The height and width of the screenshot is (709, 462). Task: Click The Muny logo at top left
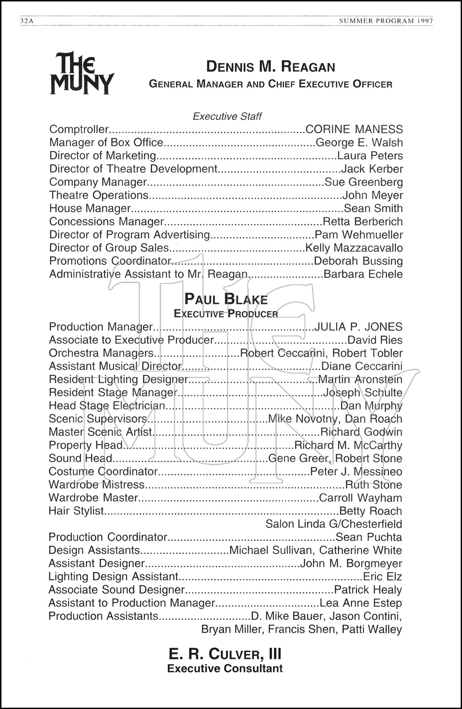pyautogui.click(x=82, y=73)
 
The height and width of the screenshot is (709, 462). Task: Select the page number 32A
pyautogui.click(x=26, y=21)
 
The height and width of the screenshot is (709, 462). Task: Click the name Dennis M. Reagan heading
pyautogui.click(x=270, y=67)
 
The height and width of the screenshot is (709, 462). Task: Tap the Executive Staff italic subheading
pyautogui.click(x=227, y=116)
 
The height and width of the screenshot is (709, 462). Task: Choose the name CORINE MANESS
pyautogui.click(x=354, y=130)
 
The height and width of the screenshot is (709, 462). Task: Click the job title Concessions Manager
pyautogui.click(x=106, y=222)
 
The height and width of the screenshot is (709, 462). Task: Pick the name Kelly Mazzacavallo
pyautogui.click(x=354, y=248)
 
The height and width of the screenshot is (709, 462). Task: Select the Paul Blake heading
pyautogui.click(x=226, y=299)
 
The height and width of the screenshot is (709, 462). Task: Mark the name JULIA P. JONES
pyautogui.click(x=358, y=327)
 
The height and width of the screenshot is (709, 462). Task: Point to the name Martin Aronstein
pyautogui.click(x=360, y=380)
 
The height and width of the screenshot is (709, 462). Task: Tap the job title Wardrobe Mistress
pyautogui.click(x=96, y=485)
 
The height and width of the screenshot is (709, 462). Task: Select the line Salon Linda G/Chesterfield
pyautogui.click(x=333, y=524)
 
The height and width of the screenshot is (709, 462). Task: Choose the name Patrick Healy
pyautogui.click(x=368, y=590)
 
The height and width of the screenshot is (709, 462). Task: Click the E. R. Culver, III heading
pyautogui.click(x=225, y=654)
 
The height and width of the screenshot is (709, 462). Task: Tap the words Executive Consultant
pyautogui.click(x=225, y=669)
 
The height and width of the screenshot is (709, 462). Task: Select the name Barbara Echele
pyautogui.click(x=363, y=274)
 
